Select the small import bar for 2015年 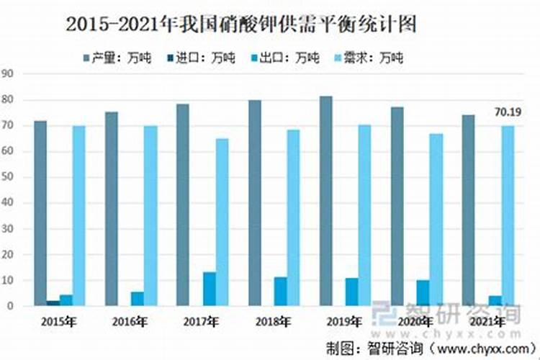[53, 302]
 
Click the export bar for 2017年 [209, 289]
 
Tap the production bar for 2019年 [325, 201]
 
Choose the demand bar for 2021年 [508, 215]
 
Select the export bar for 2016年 [137, 298]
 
